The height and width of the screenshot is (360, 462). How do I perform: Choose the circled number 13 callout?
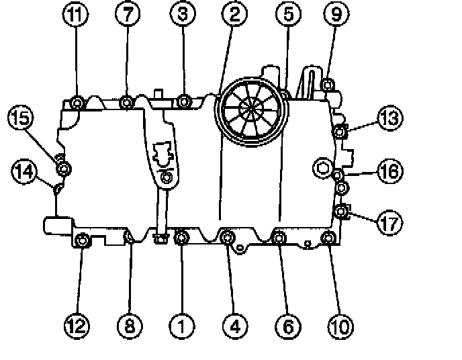coord(389,119)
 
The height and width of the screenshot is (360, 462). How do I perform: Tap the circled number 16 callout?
coord(389,171)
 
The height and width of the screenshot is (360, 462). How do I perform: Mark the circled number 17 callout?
coord(389,222)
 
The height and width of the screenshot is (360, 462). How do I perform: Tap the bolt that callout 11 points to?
coord(77,103)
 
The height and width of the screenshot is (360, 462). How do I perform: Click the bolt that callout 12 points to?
coord(82,239)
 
